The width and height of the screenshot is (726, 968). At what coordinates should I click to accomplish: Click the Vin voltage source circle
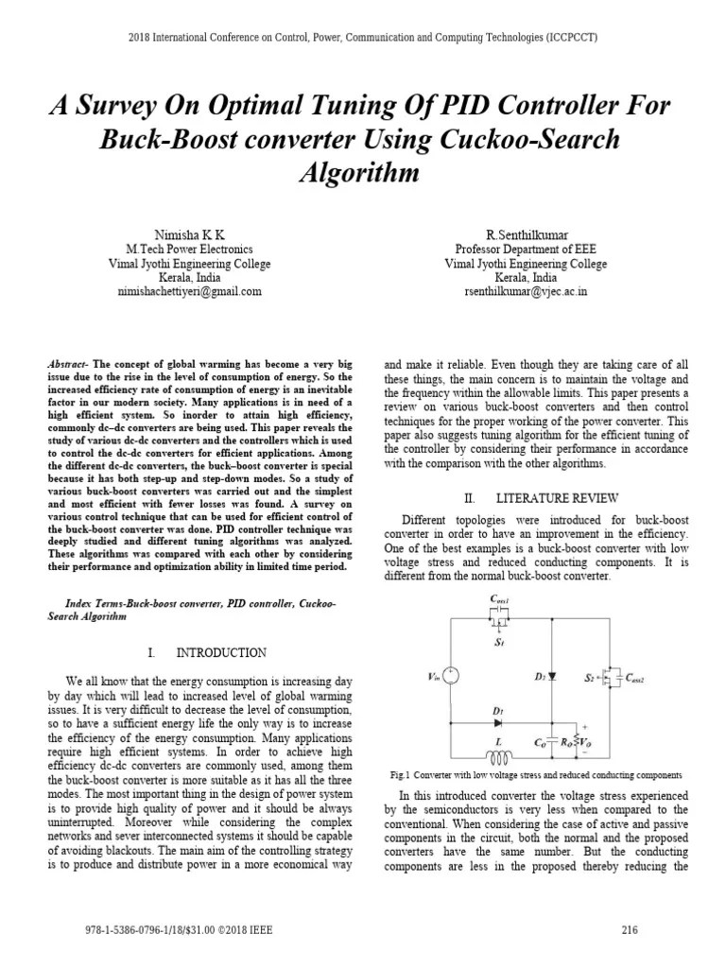(x=451, y=675)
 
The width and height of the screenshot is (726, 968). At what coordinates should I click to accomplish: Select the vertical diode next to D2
(x=552, y=676)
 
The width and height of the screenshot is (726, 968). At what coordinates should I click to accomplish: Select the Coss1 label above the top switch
(x=499, y=601)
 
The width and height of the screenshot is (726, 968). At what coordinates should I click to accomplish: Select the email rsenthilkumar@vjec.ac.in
(x=526, y=293)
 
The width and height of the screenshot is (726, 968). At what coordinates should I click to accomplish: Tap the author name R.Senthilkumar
(x=526, y=233)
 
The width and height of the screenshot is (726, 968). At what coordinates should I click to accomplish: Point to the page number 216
(x=630, y=930)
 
